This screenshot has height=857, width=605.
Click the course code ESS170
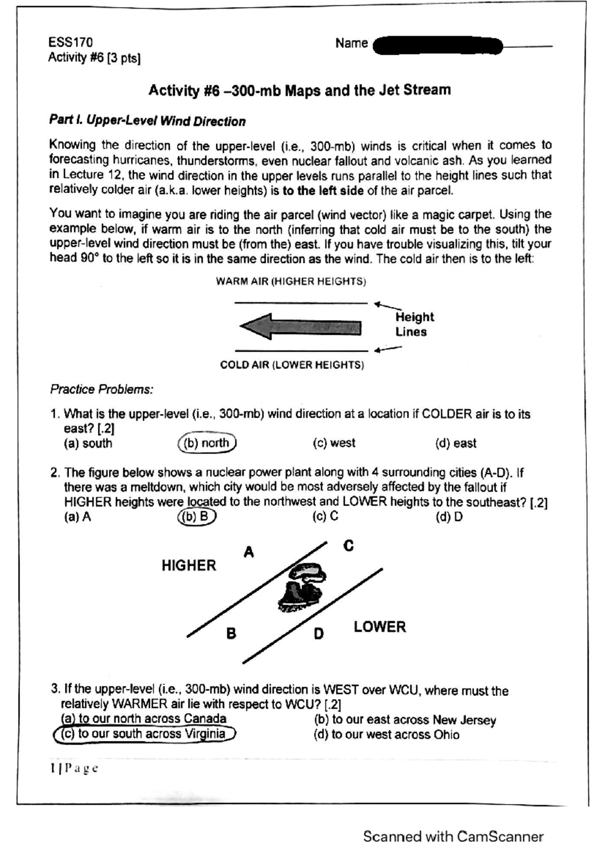[71, 42]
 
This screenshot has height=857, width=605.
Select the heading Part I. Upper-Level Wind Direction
[147, 121]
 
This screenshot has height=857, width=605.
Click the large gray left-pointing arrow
[300, 327]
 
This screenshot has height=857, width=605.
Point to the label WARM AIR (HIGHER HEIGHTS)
[291, 282]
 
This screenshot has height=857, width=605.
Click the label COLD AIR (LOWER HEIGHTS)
[292, 365]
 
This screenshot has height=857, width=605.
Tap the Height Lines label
[414, 325]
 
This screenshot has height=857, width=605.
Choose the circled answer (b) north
[207, 443]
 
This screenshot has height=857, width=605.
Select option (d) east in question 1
[456, 443]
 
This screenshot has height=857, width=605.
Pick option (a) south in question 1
[88, 444]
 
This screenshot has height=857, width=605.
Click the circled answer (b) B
[197, 517]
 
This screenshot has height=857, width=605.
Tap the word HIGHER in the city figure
[189, 565]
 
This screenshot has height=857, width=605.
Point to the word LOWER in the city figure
[380, 627]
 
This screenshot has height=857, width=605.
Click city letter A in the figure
[249, 552]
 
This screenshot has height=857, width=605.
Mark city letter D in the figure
[319, 633]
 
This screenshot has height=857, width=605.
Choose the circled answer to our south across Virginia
[144, 734]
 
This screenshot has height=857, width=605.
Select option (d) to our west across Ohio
[386, 735]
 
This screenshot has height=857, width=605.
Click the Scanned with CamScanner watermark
[453, 837]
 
